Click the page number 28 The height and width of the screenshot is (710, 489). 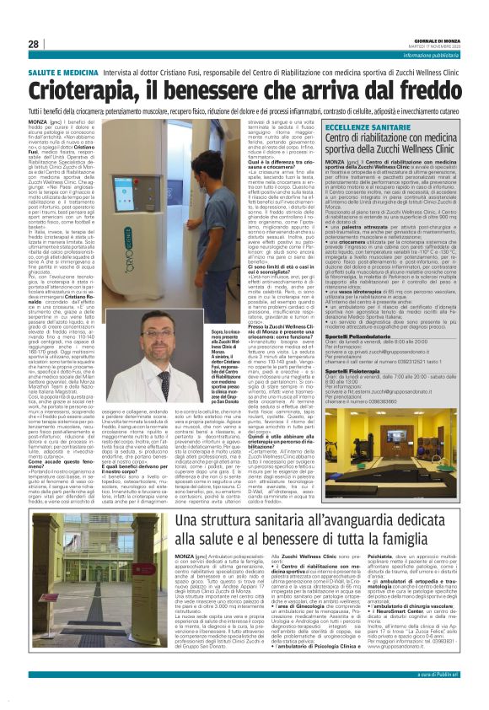pyautogui.click(x=34, y=44)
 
